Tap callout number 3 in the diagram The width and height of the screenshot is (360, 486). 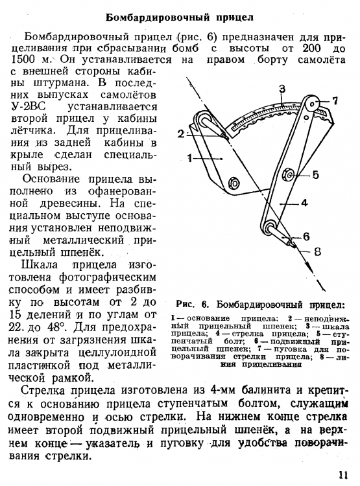click(x=282, y=88)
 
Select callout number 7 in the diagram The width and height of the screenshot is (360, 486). click(x=335, y=100)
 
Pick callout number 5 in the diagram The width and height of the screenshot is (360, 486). click(x=315, y=174)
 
